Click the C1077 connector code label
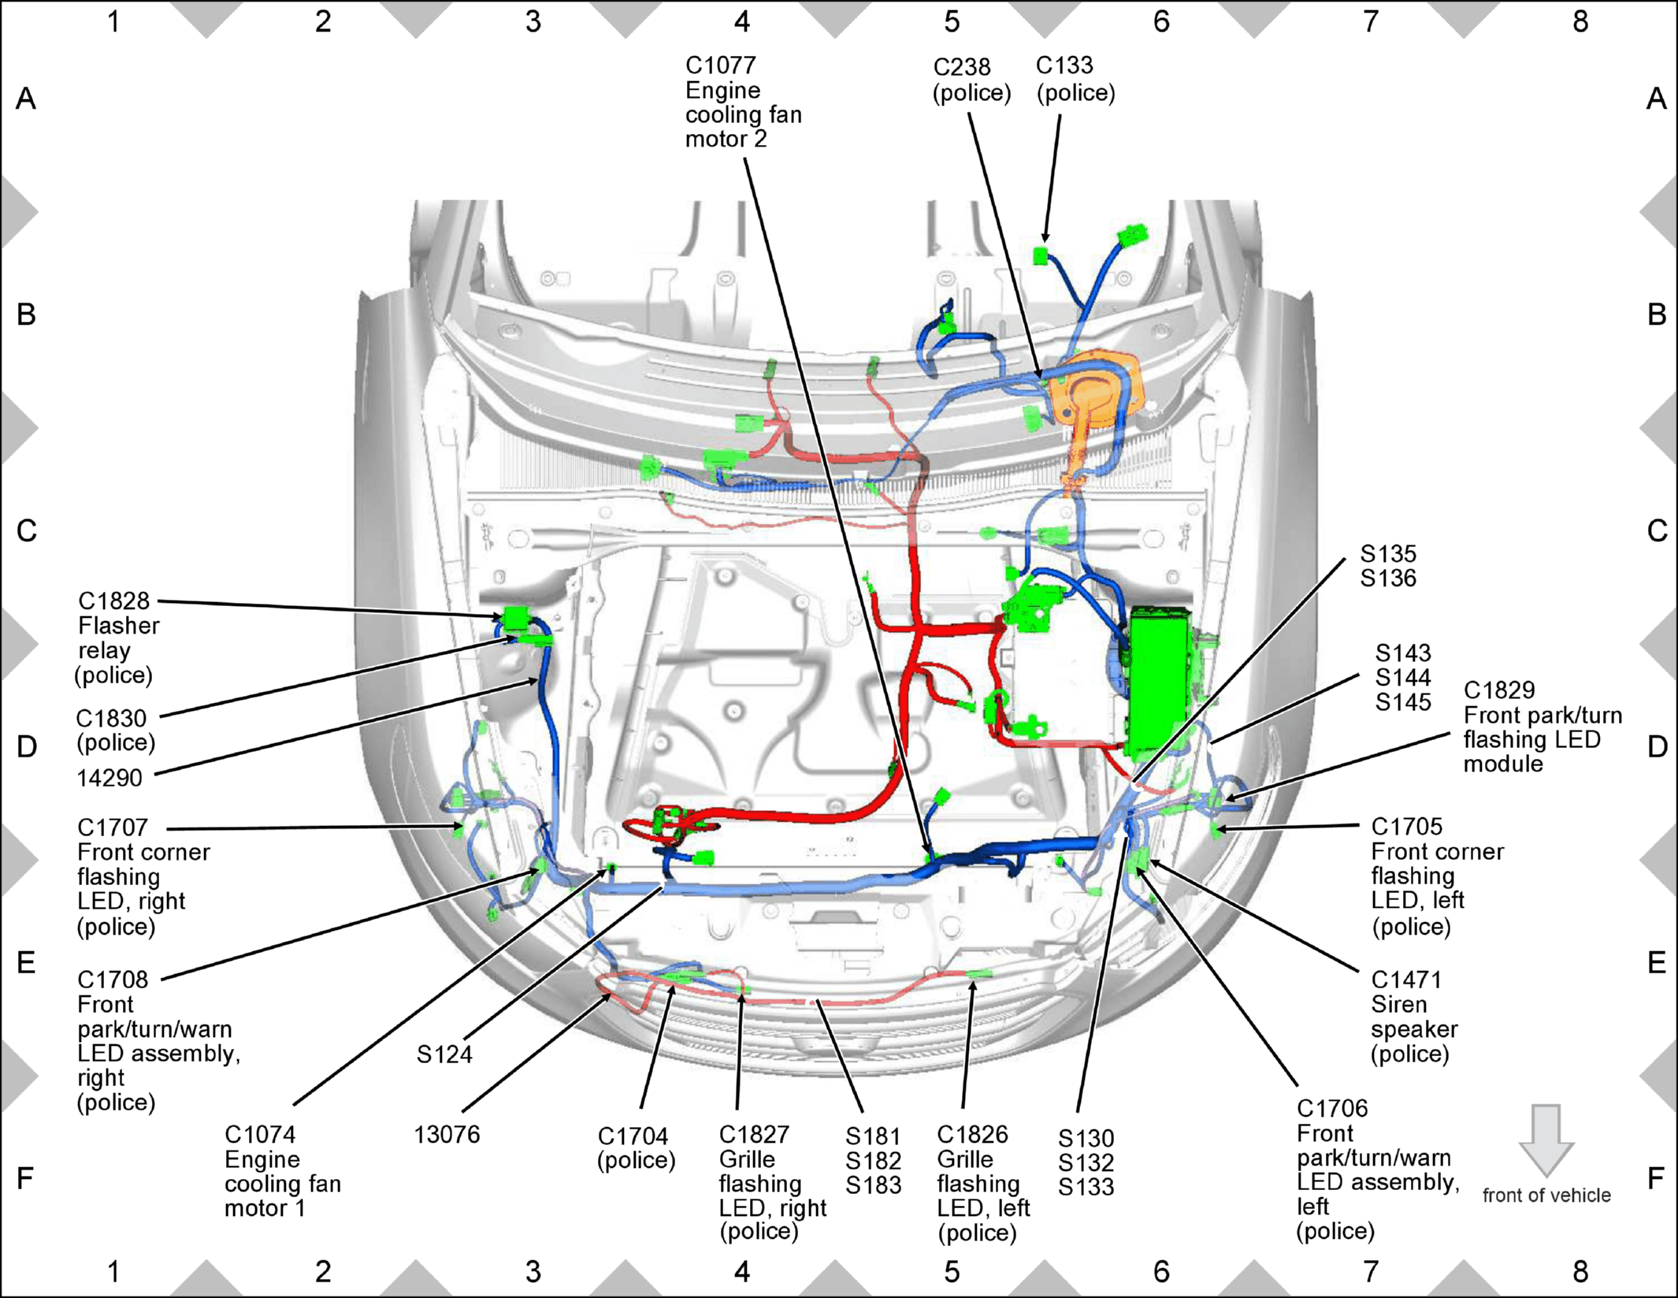click(x=721, y=65)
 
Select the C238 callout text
click(x=962, y=67)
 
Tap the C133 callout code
click(x=1064, y=65)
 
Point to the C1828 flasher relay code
click(x=113, y=601)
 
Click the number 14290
click(x=110, y=778)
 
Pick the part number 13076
click(x=447, y=1134)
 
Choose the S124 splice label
click(x=444, y=1054)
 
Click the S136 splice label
click(x=1388, y=578)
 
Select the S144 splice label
click(x=1403, y=677)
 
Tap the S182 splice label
click(x=874, y=1160)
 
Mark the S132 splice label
click(x=1086, y=1162)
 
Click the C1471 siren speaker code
click(x=1406, y=980)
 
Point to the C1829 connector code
click(x=1499, y=690)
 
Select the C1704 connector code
click(x=633, y=1136)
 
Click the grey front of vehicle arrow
click(x=1546, y=1140)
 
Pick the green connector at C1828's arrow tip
click(x=516, y=618)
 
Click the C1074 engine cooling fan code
click(x=260, y=1134)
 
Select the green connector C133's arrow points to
click(x=1041, y=255)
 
